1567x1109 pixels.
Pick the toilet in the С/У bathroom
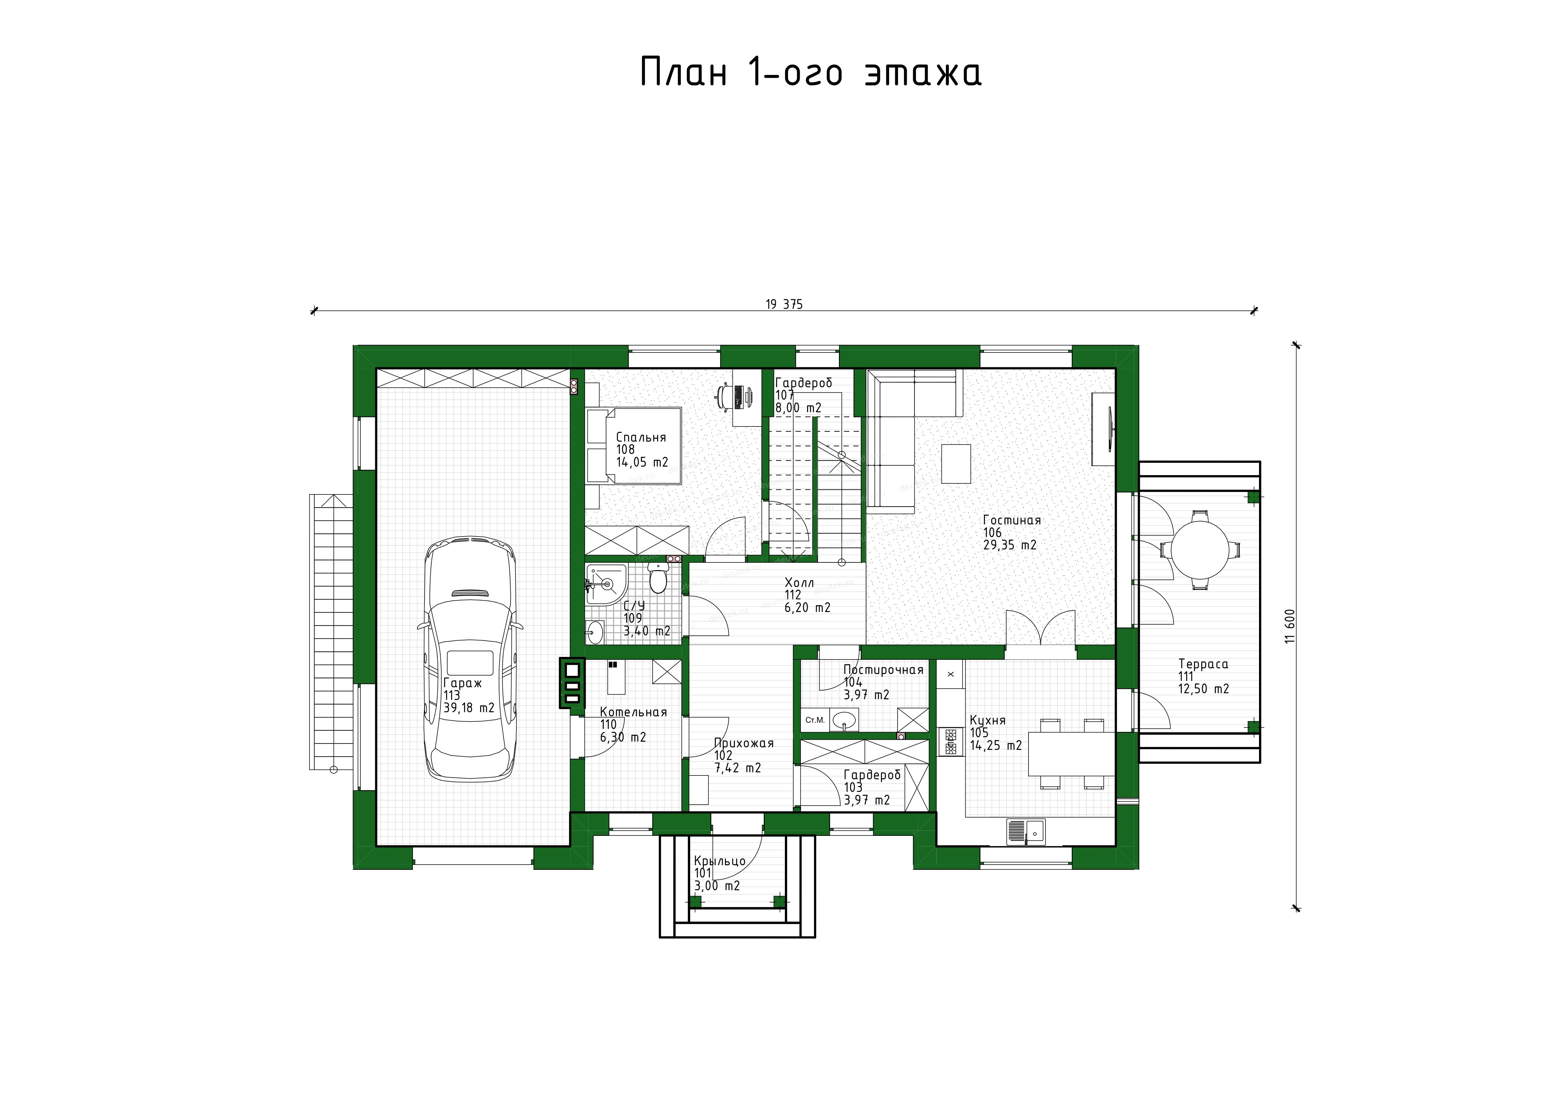[658, 580]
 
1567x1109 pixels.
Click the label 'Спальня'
[641, 438]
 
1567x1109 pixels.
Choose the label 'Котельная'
[633, 712]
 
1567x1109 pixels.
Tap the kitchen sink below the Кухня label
[1026, 832]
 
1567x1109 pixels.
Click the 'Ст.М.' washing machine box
[815, 720]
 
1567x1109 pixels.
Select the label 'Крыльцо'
[719, 861]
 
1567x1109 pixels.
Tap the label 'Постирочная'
[883, 670]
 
